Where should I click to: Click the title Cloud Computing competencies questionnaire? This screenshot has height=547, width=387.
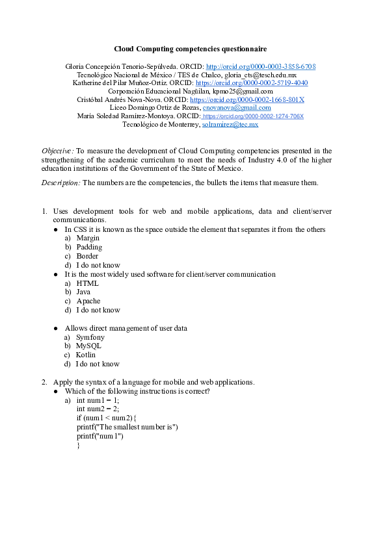[x=191, y=49]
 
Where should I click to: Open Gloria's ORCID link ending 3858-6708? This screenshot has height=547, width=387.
[x=261, y=66]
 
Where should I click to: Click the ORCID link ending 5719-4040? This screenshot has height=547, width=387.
[x=252, y=83]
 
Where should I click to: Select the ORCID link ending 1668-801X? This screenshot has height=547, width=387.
[x=251, y=99]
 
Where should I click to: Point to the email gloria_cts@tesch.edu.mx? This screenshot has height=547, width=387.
[x=260, y=75]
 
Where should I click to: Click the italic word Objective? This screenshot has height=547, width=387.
[x=57, y=151]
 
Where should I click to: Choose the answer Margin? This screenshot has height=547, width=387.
[x=88, y=238]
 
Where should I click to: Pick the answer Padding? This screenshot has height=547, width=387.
[x=89, y=247]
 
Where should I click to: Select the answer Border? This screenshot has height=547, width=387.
[x=87, y=256]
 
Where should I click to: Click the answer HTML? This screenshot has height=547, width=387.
[x=87, y=283]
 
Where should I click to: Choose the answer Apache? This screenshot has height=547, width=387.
[x=88, y=301]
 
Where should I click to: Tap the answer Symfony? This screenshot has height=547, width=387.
[x=90, y=338]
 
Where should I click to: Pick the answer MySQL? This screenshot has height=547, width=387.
[x=88, y=346]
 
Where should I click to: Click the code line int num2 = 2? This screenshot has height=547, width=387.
[x=98, y=409]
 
